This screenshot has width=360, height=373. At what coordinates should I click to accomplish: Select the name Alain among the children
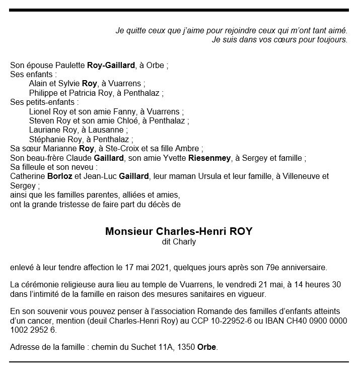pos(39,84)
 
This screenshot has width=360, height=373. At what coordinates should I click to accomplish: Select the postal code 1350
pos(185,348)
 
